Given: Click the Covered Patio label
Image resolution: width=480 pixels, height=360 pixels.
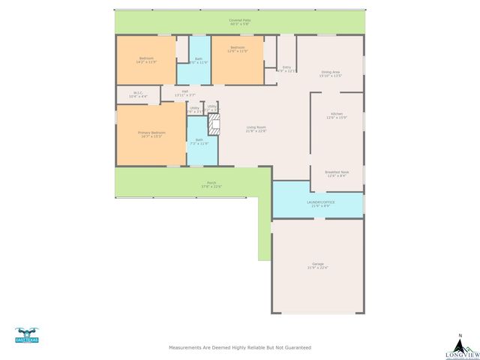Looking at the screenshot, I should click(x=239, y=22).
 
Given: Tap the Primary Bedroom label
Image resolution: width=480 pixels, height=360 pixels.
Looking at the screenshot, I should click(x=151, y=134).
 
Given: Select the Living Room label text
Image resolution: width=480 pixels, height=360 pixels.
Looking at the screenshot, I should click(x=256, y=129).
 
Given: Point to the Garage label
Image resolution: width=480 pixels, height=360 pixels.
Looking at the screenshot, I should click(x=318, y=265).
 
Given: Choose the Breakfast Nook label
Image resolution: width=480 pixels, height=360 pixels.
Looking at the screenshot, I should click(x=337, y=173).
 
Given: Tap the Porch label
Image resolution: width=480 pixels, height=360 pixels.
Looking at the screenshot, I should click(x=211, y=184).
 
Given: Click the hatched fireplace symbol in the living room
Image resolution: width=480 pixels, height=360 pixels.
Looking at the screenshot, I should click(x=214, y=124).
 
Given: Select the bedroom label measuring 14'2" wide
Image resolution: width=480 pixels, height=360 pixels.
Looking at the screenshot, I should click(x=146, y=60).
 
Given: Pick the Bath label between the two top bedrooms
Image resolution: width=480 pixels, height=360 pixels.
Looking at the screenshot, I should click(x=199, y=61).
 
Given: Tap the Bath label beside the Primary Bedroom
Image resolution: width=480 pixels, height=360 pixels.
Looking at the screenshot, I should click(x=199, y=141).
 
